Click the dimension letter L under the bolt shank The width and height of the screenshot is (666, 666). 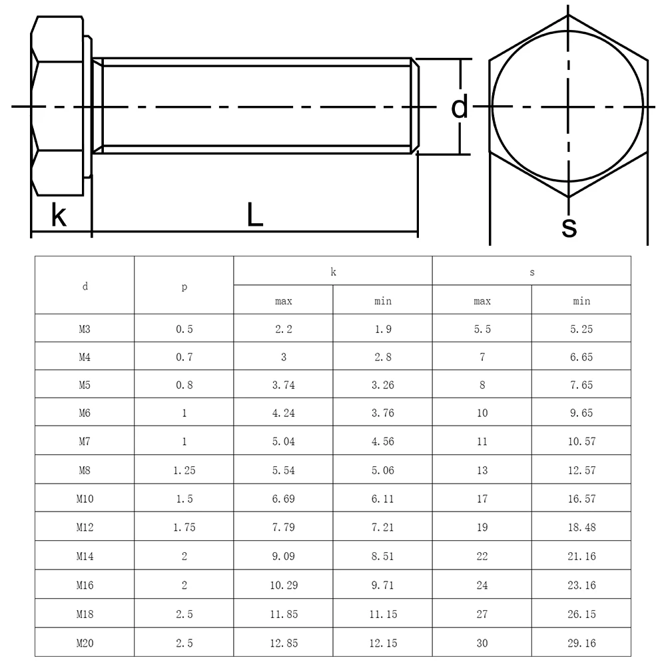coord(254,214)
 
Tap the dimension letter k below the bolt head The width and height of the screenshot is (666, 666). coord(59,215)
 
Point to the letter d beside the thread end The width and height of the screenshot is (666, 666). coord(460,107)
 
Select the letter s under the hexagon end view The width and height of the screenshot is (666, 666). coord(569,226)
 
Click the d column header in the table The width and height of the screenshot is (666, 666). coord(85,286)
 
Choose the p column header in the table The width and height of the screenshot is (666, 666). coord(184,286)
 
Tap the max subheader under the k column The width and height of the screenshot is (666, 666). coord(284,301)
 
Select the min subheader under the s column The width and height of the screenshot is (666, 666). coord(581,301)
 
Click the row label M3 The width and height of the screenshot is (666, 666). coord(85,329)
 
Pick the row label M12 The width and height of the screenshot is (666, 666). coord(85,527)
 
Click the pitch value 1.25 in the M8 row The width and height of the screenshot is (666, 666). coord(184,471)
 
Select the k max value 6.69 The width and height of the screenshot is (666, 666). coord(284,499)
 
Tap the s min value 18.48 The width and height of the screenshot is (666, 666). coord(581,527)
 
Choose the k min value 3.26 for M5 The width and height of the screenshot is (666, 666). coord(383,386)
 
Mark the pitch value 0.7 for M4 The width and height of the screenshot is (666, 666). coord(184,358)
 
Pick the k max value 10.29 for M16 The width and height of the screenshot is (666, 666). coord(284,585)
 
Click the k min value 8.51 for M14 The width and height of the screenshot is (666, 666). coord(383,556)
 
